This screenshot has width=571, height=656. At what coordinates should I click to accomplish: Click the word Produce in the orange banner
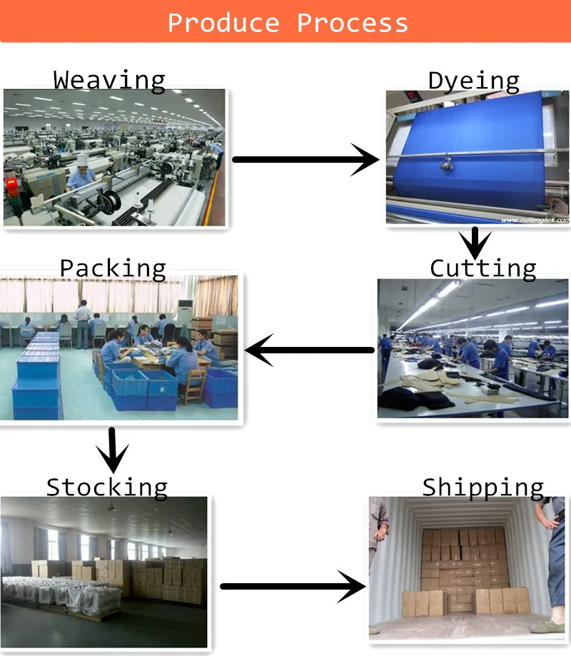pos(223,22)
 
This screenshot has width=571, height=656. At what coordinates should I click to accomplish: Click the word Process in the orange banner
pos(353,22)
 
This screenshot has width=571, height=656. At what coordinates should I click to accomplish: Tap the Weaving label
pos(109,79)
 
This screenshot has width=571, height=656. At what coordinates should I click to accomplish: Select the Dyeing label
pos(473,81)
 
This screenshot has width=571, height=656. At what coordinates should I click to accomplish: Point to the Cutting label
pos(482,268)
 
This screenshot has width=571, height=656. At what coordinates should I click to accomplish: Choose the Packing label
pos(113,268)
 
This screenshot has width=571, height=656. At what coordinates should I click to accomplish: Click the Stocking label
pos(107,487)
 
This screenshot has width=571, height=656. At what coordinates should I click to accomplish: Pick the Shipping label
pos(482,487)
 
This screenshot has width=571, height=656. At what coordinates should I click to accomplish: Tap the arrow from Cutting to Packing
pos(310,350)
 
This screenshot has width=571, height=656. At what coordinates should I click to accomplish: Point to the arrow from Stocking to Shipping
pos(293,587)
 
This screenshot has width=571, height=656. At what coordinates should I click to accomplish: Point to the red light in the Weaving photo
pos(11,183)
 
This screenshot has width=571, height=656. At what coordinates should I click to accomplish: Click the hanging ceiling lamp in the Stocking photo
pos(111,507)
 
